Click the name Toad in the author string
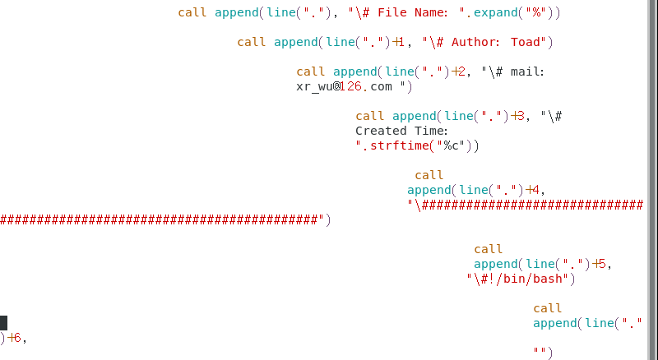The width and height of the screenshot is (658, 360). (526, 42)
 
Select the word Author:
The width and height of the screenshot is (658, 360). (477, 42)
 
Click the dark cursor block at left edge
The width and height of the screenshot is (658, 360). (3, 323)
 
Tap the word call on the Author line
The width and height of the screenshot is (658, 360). (252, 42)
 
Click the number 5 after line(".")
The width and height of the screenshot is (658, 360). (602, 264)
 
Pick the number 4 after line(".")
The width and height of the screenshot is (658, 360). (535, 190)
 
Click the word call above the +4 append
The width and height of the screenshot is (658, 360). (429, 175)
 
